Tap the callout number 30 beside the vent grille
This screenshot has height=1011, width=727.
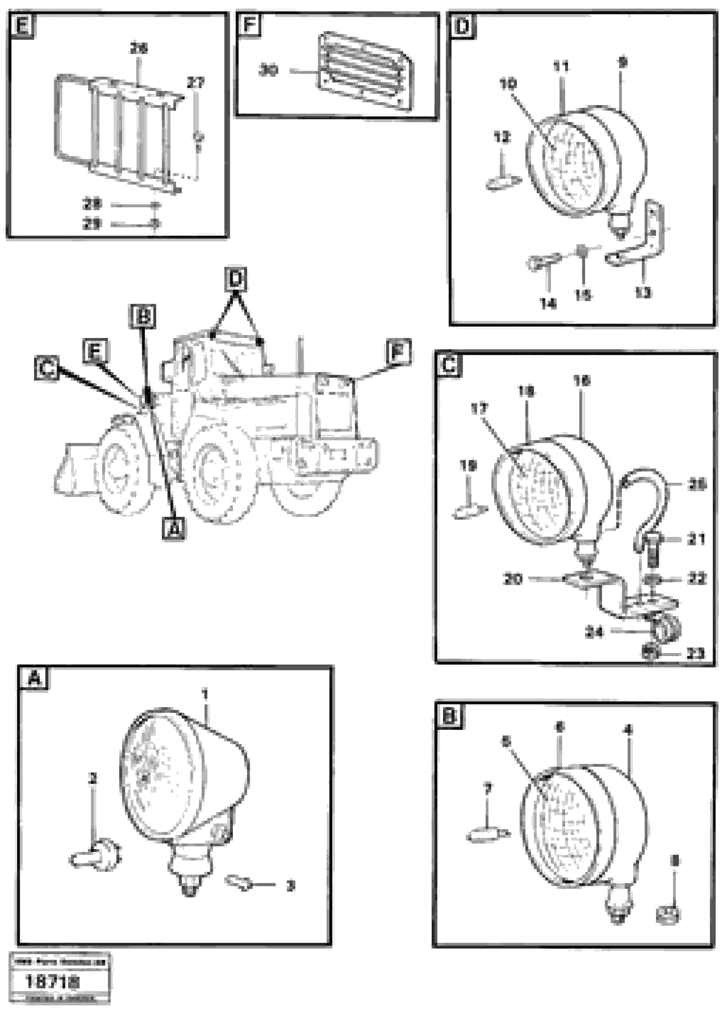pos(268,70)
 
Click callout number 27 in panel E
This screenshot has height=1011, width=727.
pos(195,83)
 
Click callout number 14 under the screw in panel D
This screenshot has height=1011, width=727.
pos(548,304)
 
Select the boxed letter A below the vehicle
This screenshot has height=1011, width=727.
pos(174,529)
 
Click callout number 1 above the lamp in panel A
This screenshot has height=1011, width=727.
pos(204,694)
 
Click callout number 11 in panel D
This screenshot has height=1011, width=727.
pos(561,67)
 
